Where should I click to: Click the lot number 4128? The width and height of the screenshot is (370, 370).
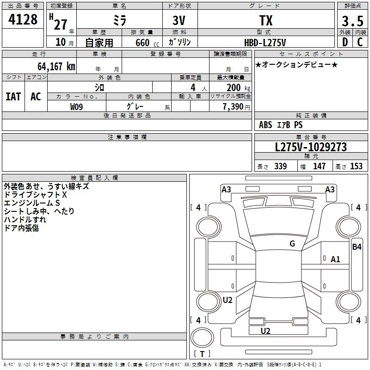click(x=23, y=21)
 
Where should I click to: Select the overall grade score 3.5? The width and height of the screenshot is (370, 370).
click(x=351, y=22)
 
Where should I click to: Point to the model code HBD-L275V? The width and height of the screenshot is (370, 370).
click(x=265, y=43)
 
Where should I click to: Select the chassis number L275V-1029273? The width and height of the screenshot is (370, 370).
click(x=311, y=147)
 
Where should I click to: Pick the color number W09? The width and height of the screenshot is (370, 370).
click(x=77, y=106)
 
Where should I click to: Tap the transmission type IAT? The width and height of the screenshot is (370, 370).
click(x=13, y=97)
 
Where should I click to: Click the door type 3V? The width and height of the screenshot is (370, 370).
click(x=180, y=21)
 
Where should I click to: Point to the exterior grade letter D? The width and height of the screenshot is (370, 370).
click(x=345, y=43)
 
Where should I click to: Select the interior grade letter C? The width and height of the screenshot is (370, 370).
click(x=359, y=43)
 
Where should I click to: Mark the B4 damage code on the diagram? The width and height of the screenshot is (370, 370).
click(x=357, y=247)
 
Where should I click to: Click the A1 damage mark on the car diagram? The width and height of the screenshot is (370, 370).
click(x=335, y=259)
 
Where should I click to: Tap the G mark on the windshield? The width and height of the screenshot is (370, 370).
click(x=292, y=244)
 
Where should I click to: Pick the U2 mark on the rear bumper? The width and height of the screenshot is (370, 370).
click(x=265, y=331)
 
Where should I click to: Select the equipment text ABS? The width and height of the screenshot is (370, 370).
click(x=265, y=125)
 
